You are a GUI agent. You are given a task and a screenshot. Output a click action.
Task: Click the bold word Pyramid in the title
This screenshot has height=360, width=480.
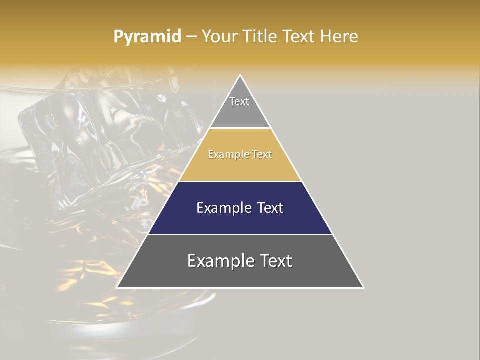[147, 37]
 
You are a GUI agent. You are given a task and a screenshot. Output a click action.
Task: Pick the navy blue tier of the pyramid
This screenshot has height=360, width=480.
[240, 220]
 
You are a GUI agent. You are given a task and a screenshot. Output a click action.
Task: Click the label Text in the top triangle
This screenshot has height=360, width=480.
[239, 101]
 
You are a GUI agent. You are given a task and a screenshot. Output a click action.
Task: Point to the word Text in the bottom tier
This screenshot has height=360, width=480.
[274, 261]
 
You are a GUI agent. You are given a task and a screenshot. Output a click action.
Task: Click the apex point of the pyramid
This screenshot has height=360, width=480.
[240, 76]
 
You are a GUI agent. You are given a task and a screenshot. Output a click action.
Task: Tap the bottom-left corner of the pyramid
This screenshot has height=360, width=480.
[118, 287]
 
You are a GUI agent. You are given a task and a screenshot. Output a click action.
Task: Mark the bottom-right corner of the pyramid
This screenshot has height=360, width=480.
[363, 287]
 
